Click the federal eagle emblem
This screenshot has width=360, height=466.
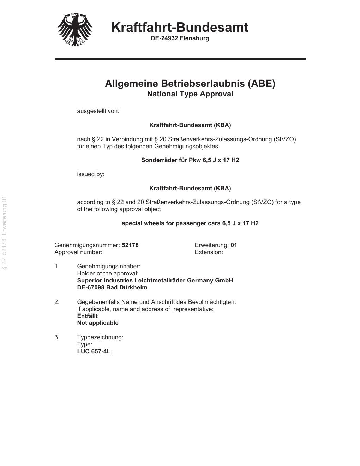tap(75, 29)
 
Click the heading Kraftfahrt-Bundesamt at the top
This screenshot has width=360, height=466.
tap(180, 27)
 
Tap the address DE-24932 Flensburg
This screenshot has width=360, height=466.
tap(180, 38)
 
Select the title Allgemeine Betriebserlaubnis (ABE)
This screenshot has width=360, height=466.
tap(190, 84)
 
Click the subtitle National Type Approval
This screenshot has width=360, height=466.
tap(190, 94)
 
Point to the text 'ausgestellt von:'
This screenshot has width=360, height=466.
tap(98, 111)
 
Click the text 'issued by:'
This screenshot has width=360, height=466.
tap(91, 174)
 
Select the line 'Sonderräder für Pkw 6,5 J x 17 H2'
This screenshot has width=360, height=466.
tap(190, 160)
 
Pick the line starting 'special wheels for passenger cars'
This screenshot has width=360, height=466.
tap(190, 223)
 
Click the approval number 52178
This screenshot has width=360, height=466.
tap(130, 245)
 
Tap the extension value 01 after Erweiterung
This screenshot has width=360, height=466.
tap(234, 245)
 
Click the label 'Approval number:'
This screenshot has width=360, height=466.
tap(78, 252)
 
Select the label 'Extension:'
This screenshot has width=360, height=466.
tap(209, 252)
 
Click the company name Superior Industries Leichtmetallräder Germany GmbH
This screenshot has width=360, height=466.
tap(155, 280)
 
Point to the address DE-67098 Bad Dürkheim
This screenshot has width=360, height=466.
tap(112, 287)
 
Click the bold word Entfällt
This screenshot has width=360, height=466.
tap(87, 316)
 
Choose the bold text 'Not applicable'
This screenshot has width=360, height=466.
tap(98, 323)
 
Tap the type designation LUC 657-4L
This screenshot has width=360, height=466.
tap(94, 351)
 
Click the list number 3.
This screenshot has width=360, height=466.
tap(57, 337)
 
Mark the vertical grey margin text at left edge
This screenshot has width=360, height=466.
tap(4, 233)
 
